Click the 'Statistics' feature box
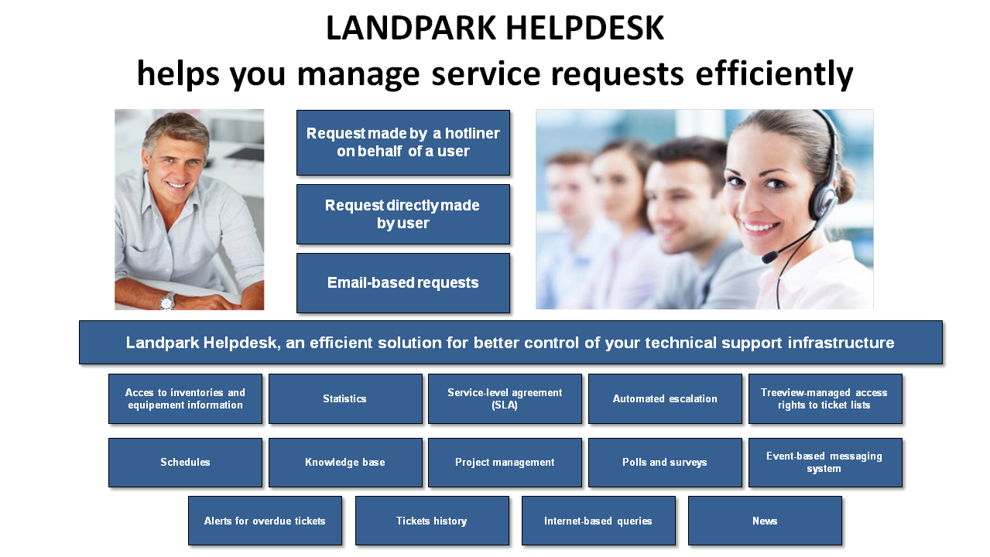click(x=345, y=399)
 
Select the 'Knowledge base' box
click(x=345, y=463)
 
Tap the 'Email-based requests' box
click(x=403, y=283)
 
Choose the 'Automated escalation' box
click(x=665, y=399)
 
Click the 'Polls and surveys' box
click(x=665, y=463)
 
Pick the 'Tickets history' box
click(x=432, y=521)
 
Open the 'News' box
click(x=765, y=521)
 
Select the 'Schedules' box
click(x=185, y=463)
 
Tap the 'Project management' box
click(x=505, y=463)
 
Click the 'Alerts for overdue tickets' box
click(x=265, y=521)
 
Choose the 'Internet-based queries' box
click(x=599, y=521)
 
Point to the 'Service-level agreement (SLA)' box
click(x=505, y=399)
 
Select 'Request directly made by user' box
click(x=403, y=214)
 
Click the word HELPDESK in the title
click(x=584, y=29)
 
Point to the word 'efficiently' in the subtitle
click(x=774, y=73)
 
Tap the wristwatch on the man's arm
click(x=167, y=301)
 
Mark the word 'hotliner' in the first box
click(x=472, y=133)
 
